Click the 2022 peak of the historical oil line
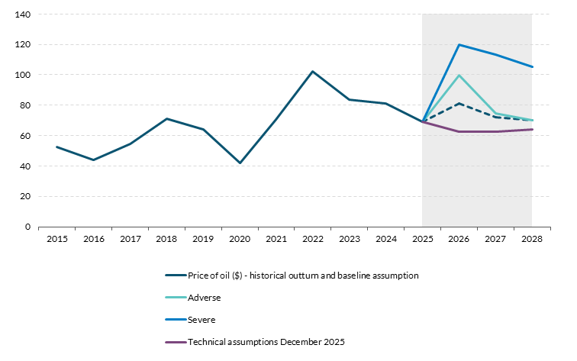pos(313,72)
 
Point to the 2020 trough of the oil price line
pos(240,163)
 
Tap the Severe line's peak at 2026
pos(459,44)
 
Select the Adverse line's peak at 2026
pos(459,75)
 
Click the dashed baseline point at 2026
pos(459,103)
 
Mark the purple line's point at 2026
pos(459,131)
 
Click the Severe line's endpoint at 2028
pos(532,66)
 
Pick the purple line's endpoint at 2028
pos(532,129)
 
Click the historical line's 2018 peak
pos(166,118)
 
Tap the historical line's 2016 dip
pos(93,160)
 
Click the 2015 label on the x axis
pos(56,239)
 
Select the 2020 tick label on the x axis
pos(240,239)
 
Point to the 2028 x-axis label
pos(532,239)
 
